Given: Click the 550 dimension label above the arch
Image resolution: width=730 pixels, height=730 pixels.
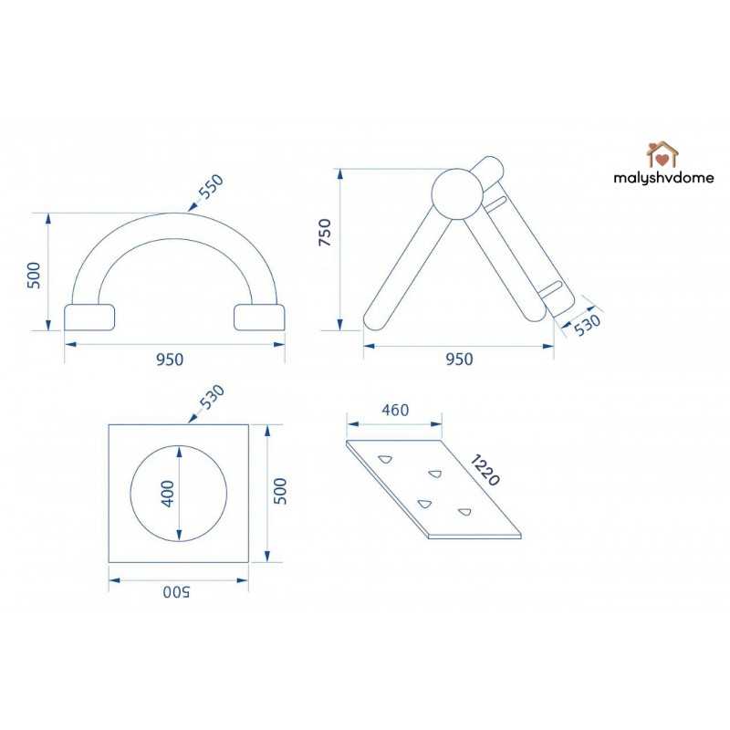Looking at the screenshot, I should pos(210,188).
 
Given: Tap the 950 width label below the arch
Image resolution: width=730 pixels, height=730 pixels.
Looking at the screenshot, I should pos(170,359).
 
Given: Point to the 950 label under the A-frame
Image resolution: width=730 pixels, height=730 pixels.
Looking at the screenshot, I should pos(459,359).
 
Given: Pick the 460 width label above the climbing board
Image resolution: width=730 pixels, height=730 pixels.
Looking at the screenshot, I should pos(394,410).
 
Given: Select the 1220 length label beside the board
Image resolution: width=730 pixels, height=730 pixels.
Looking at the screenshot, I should pos(485,470).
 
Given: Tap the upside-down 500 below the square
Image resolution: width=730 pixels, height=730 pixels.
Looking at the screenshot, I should pos(176,592).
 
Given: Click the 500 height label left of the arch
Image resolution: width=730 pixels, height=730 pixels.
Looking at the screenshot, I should pos(34,275).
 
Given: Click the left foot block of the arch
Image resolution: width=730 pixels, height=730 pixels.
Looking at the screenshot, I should pos(89,316).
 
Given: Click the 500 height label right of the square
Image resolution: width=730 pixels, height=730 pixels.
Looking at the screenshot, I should pos(281,493).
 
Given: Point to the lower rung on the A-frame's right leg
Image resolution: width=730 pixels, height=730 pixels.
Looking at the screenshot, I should pos(552,288).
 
